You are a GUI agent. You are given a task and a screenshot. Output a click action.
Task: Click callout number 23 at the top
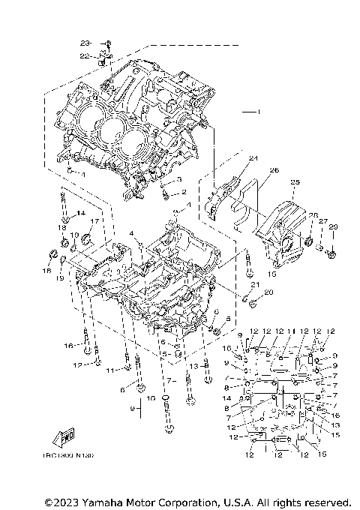pos(85,43)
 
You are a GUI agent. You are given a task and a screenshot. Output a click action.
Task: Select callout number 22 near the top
pos(85,55)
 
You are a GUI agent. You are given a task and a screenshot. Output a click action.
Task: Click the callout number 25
pos(295,182)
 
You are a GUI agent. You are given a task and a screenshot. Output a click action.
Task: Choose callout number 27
pos(323,221)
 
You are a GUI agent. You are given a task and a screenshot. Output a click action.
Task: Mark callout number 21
pos(254,284)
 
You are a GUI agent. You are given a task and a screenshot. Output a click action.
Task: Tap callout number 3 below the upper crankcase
pos(180,180)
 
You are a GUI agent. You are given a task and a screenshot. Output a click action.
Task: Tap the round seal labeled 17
pos(86,239)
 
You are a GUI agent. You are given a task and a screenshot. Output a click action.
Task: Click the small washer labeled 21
pos(245,296)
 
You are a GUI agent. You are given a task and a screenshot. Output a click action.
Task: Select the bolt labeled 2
pos(165,194)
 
